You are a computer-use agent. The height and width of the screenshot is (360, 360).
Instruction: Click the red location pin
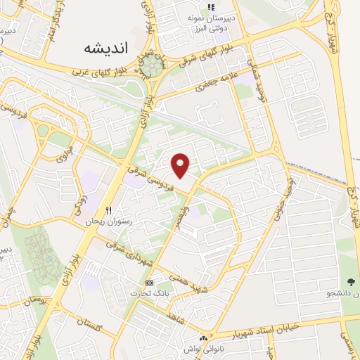pyautogui.click(x=181, y=165)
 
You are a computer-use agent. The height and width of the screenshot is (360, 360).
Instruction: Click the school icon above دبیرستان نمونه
pyautogui.click(x=211, y=7)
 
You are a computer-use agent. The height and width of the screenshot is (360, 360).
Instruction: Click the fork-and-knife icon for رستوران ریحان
pyautogui.click(x=108, y=210)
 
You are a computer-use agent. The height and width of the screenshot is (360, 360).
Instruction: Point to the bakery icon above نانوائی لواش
pyautogui.click(x=204, y=338)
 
